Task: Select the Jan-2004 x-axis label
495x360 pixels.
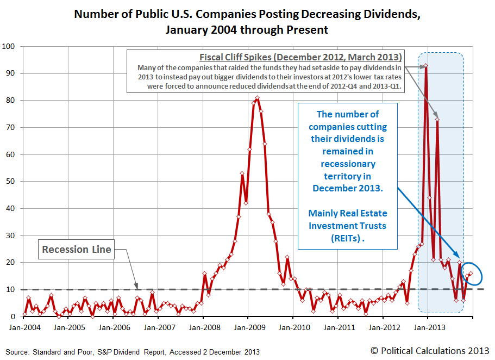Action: [23, 328]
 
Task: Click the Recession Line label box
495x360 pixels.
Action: [77, 250]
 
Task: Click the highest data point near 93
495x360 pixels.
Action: [426, 66]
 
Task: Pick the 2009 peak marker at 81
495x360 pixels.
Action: [257, 98]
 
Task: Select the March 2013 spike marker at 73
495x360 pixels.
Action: [437, 119]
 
